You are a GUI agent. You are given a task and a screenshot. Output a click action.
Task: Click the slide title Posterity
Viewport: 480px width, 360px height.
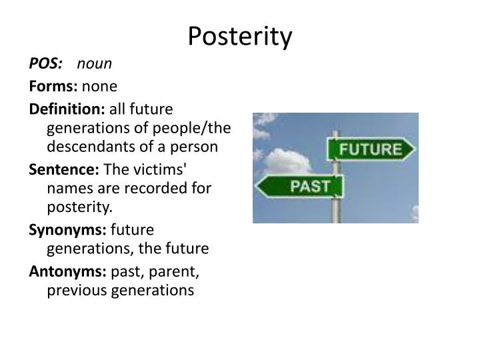click(239, 37)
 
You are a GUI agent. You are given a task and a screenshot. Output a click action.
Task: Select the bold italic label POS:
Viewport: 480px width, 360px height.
click(46, 63)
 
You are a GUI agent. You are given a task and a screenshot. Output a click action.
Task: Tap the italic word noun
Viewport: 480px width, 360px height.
click(95, 63)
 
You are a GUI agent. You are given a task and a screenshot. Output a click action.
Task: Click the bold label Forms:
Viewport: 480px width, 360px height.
click(53, 86)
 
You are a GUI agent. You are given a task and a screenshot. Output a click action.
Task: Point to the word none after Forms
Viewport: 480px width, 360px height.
click(99, 86)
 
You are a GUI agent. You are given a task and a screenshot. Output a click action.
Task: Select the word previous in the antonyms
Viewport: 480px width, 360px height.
click(74, 290)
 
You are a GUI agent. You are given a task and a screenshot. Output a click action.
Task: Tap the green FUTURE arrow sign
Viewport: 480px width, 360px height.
click(370, 147)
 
